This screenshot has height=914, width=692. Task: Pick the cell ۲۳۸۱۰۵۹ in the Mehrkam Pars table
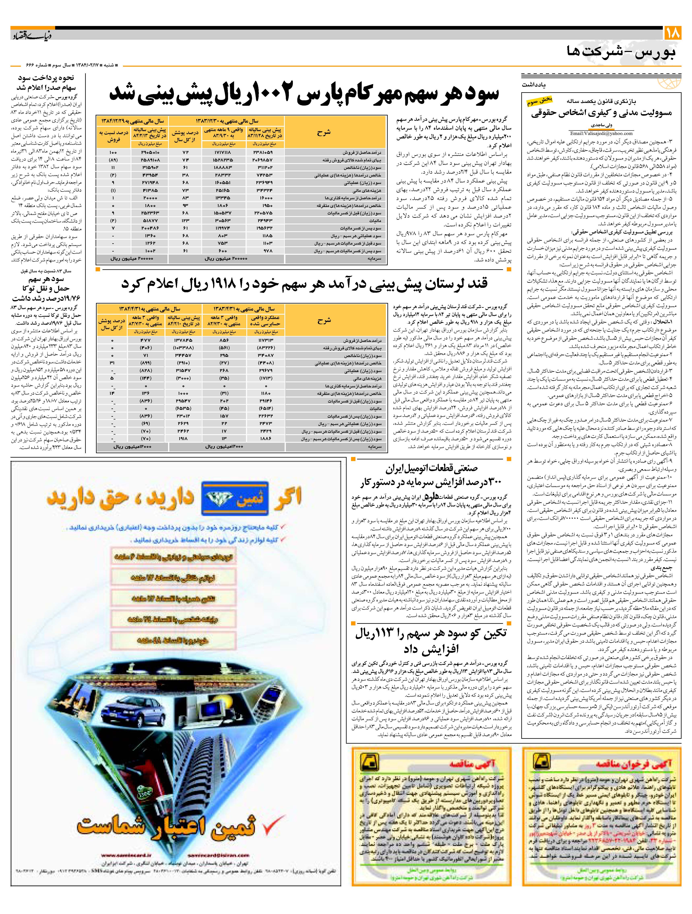(265, 152)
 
